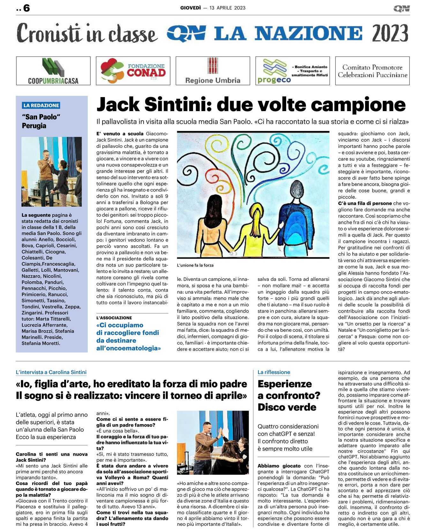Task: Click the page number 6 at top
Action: tap(26, 8)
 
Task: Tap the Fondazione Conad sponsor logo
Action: tap(133, 71)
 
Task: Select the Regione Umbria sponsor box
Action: tap(213, 71)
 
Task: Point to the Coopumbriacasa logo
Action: tap(53, 71)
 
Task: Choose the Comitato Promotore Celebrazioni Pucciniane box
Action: tap(372, 71)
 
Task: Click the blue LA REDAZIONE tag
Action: tap(41, 105)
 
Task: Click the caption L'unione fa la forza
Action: tap(195, 265)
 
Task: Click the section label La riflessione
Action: tap(274, 372)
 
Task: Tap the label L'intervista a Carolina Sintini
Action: tap(51, 372)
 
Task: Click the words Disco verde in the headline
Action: tap(287, 407)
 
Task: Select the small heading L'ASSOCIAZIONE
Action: tap(114, 318)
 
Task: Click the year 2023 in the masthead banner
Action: tap(390, 33)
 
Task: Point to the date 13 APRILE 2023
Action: tap(228, 8)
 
